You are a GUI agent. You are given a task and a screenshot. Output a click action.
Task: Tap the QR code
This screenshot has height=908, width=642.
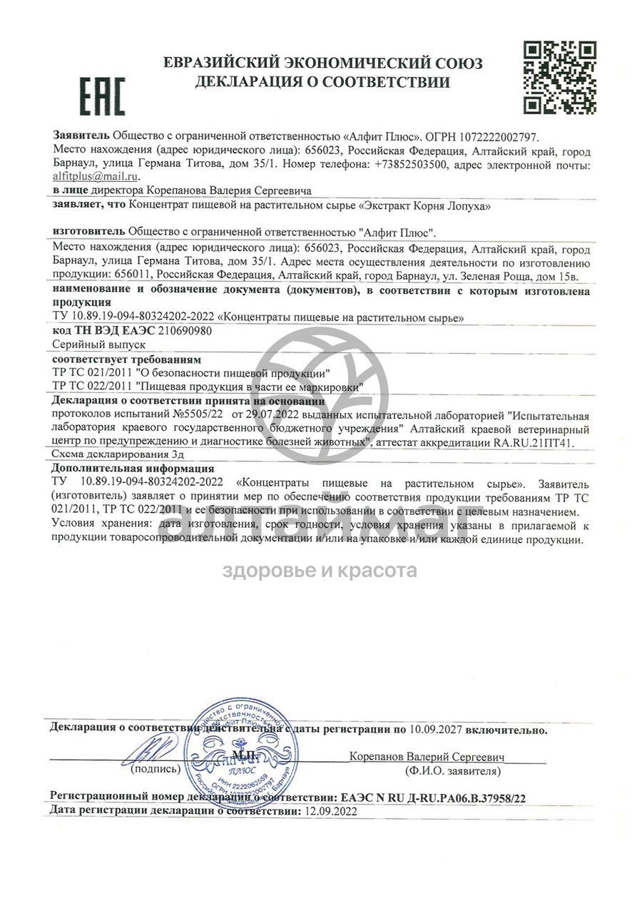pos(560,78)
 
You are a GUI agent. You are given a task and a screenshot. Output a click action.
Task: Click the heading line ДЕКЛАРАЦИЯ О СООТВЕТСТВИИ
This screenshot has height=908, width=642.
pos(322,82)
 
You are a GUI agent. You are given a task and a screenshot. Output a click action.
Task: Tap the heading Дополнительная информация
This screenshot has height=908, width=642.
pos(133,469)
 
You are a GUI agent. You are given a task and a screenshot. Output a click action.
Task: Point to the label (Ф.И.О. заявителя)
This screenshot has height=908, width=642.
pos(452,771)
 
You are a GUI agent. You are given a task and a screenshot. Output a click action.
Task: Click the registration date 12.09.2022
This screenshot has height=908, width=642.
pos(330,811)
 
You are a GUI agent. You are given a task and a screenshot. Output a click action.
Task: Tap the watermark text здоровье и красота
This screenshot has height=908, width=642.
pos(320,571)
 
